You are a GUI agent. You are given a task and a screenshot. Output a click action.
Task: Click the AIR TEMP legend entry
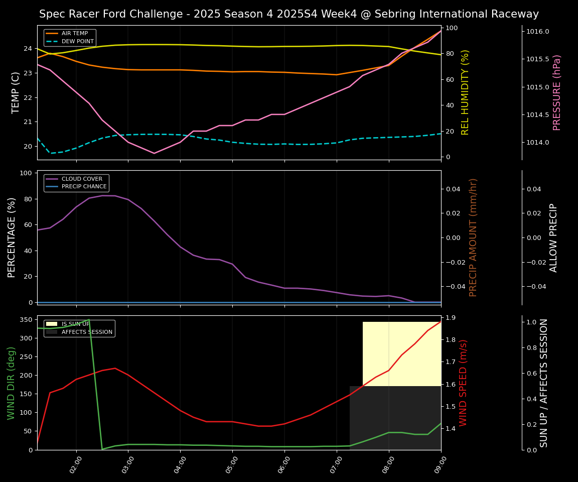[x=74, y=34]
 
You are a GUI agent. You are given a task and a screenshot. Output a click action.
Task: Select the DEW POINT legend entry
[x=77, y=41]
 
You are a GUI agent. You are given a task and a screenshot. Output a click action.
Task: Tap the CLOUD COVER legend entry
[x=82, y=179]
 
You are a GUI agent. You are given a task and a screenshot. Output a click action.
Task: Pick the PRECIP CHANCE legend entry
[x=84, y=186]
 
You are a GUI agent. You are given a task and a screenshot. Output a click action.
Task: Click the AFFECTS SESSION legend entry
[x=87, y=332]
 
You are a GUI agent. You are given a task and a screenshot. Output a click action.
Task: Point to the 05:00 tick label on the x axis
[x=231, y=464]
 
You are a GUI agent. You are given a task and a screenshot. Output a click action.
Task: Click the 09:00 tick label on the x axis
[x=440, y=464]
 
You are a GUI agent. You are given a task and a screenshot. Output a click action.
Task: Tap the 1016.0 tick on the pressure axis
[x=537, y=32]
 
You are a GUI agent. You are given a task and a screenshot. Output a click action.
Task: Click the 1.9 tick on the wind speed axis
[x=450, y=317]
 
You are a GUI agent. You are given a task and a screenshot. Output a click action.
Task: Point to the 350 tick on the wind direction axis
[x=28, y=319]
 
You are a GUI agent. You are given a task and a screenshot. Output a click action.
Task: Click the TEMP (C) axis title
[x=16, y=92]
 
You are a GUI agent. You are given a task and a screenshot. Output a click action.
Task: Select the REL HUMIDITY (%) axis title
[x=465, y=92]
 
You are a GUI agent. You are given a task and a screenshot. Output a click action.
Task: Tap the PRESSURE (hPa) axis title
[x=557, y=92]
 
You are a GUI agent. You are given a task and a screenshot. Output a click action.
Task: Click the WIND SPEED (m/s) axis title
[x=463, y=383]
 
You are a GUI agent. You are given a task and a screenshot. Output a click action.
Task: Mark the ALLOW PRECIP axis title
[x=553, y=237]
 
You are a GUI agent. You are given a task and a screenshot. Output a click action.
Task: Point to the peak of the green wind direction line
[x=89, y=320]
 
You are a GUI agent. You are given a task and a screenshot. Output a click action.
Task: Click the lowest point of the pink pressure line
[x=154, y=153]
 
